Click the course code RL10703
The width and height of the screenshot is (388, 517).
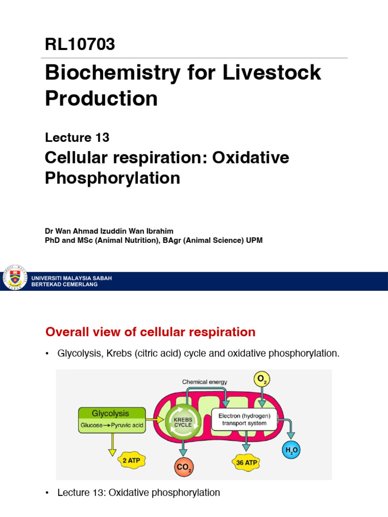tap(80, 44)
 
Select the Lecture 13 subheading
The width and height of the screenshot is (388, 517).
tap(77, 137)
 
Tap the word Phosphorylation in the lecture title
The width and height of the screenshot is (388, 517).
tap(112, 178)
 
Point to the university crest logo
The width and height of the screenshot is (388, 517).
tap(15, 277)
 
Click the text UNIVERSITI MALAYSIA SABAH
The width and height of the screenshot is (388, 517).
tap(71, 278)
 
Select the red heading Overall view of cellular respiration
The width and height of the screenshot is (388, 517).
tap(150, 332)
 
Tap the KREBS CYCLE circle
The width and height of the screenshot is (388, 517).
tap(182, 421)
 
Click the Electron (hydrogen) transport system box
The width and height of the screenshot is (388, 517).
tap(244, 420)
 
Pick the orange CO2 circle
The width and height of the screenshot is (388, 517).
tap(183, 468)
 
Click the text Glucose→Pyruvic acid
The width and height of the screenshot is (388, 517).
tap(112, 425)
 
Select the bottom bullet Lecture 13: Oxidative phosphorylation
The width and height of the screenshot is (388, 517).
tap(138, 492)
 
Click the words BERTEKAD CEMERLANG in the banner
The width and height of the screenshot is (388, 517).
tap(64, 284)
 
